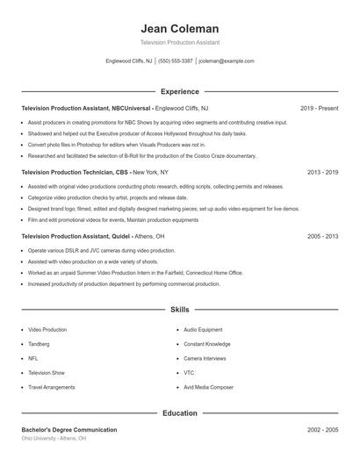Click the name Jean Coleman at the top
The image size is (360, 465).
click(x=179, y=29)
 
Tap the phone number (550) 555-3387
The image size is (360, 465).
click(x=176, y=61)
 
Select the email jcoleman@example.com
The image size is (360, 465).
click(x=227, y=61)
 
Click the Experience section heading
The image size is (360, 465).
click(x=179, y=91)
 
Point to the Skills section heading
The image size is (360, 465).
click(x=179, y=310)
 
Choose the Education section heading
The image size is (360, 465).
click(x=179, y=412)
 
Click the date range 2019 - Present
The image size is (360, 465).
click(x=319, y=108)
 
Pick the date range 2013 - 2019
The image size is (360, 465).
click(x=322, y=173)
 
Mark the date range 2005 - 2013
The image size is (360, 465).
click(x=322, y=237)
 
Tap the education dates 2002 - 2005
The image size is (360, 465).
click(x=322, y=430)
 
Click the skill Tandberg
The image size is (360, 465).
click(x=40, y=344)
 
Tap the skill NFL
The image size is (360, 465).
click(x=33, y=358)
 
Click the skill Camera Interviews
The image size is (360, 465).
click(x=205, y=358)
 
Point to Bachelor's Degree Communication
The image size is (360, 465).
click(x=69, y=430)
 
